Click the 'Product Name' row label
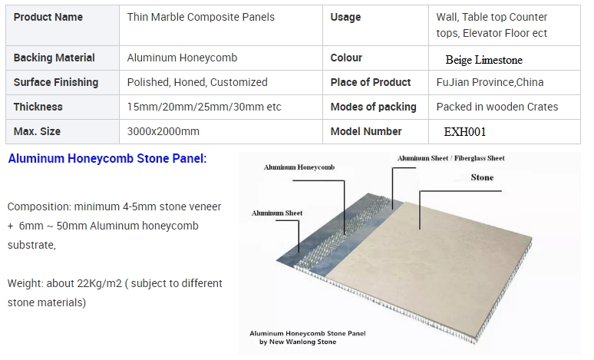point(48,17)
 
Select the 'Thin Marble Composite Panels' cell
point(201,17)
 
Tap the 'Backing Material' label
point(54,58)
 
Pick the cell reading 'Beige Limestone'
point(483,60)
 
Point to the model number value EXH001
point(465,132)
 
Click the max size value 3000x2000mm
point(163,131)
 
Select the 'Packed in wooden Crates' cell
point(497,107)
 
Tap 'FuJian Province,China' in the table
point(490,82)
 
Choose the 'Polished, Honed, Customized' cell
point(197,82)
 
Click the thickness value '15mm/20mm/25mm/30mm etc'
point(204,107)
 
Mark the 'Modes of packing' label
point(373,107)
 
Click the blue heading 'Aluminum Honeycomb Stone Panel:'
point(107,158)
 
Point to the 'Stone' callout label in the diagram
point(482,177)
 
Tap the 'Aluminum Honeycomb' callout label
point(299,167)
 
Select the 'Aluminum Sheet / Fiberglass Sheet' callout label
point(450,158)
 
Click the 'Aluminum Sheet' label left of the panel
point(277,213)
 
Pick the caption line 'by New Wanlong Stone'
point(298,342)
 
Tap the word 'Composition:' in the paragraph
point(39,207)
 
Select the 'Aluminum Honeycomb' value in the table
point(182,58)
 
